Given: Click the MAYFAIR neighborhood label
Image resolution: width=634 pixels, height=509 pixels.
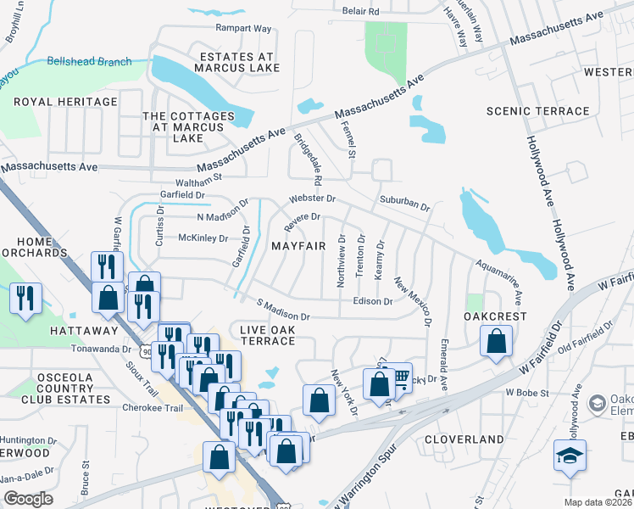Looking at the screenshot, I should point(298,246).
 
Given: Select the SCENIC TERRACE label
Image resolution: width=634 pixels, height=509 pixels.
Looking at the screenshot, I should point(537,111).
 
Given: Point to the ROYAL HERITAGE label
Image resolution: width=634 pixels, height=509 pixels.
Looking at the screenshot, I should point(64,102).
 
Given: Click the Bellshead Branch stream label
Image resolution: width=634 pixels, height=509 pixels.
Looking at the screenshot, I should point(89,61).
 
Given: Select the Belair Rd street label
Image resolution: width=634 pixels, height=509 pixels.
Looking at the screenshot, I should point(360,11).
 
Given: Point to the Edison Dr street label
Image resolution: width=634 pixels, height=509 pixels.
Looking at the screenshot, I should point(374,301).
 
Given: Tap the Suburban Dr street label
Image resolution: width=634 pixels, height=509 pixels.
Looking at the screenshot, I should point(405,206).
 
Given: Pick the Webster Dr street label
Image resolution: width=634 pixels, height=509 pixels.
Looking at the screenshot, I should point(314,199).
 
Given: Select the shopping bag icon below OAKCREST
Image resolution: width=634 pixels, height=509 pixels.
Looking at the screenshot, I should point(496,342).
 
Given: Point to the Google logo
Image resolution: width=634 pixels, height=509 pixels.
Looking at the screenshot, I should point(28,499).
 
